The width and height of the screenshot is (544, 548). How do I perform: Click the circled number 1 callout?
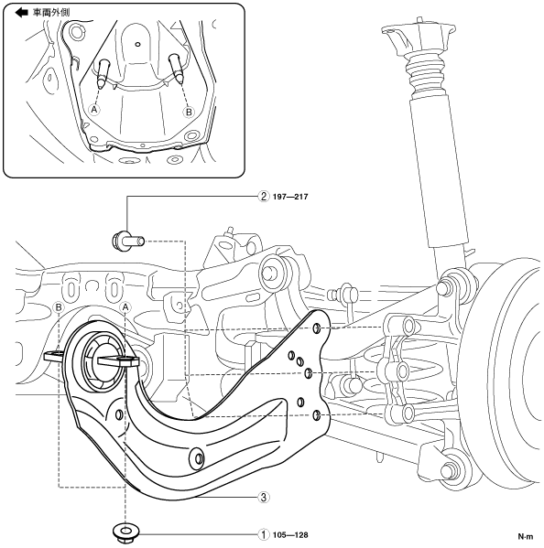pyautogui.click(x=264, y=534)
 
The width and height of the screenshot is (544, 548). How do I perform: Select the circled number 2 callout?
pyautogui.click(x=264, y=197)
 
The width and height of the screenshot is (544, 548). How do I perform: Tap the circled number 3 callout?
pyautogui.click(x=264, y=497)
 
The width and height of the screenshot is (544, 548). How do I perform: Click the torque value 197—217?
pyautogui.click(x=290, y=197)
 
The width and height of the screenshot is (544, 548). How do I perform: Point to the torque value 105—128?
pyautogui.click(x=290, y=535)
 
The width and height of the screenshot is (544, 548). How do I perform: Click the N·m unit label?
pyautogui.click(x=526, y=536)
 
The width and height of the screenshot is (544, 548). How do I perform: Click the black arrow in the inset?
pyautogui.click(x=21, y=13)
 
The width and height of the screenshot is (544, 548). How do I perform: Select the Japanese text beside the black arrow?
pyautogui.click(x=51, y=13)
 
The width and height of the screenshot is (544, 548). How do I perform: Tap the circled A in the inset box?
pyautogui.click(x=94, y=110)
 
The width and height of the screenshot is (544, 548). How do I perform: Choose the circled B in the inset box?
pyautogui.click(x=189, y=112)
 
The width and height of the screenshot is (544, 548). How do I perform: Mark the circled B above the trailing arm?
pyautogui.click(x=59, y=307)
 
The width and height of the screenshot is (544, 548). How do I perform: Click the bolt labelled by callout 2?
pyautogui.click(x=128, y=241)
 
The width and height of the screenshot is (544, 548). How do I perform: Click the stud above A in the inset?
pyautogui.click(x=103, y=72)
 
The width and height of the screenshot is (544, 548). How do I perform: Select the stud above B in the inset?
pyautogui.click(x=176, y=69)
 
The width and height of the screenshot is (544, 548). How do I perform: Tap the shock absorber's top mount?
pyautogui.click(x=418, y=34)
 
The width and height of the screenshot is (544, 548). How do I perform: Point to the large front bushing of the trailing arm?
pyautogui.click(x=103, y=360)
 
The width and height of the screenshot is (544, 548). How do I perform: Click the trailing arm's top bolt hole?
pyautogui.click(x=316, y=328)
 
